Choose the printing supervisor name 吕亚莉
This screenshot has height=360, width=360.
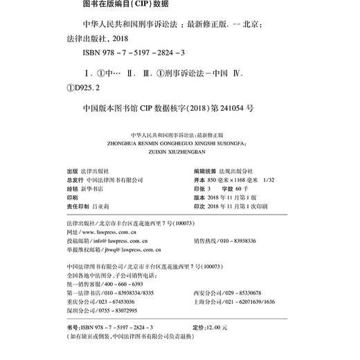[x=102, y=206]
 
